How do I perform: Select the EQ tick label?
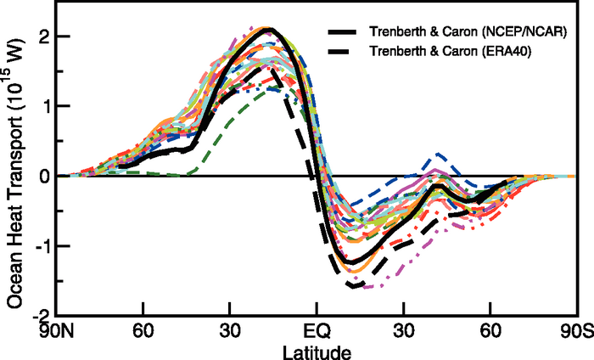(317, 329)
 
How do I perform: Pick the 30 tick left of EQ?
(229, 329)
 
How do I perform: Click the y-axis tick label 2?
(46, 37)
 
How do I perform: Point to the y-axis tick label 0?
(46, 176)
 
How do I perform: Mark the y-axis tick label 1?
(46, 106)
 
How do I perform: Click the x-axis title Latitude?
(317, 348)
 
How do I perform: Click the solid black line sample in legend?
(345, 32)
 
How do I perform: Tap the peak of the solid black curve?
(268, 30)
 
